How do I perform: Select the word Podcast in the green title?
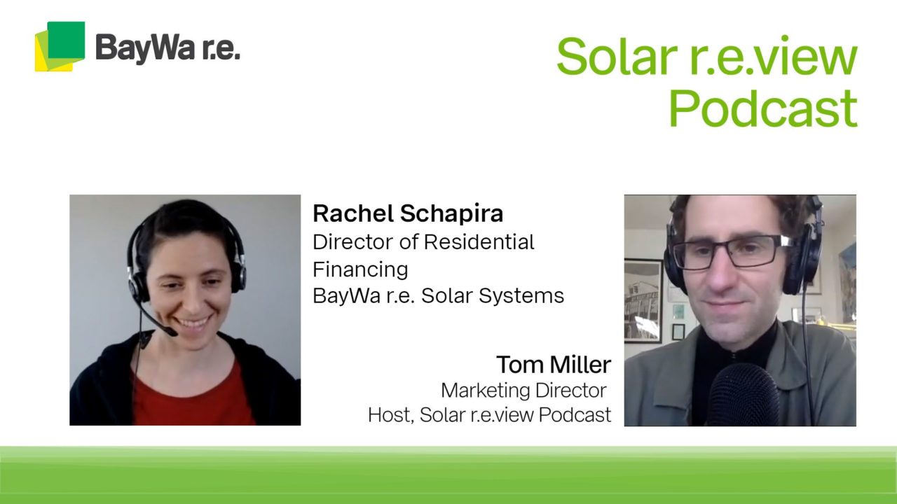[x=762, y=108]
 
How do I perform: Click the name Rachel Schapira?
[x=408, y=213]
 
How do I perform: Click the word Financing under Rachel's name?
[x=360, y=269]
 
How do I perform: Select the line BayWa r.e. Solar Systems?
[x=438, y=295]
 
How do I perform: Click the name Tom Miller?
[x=554, y=364]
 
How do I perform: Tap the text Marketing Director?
[x=523, y=389]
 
